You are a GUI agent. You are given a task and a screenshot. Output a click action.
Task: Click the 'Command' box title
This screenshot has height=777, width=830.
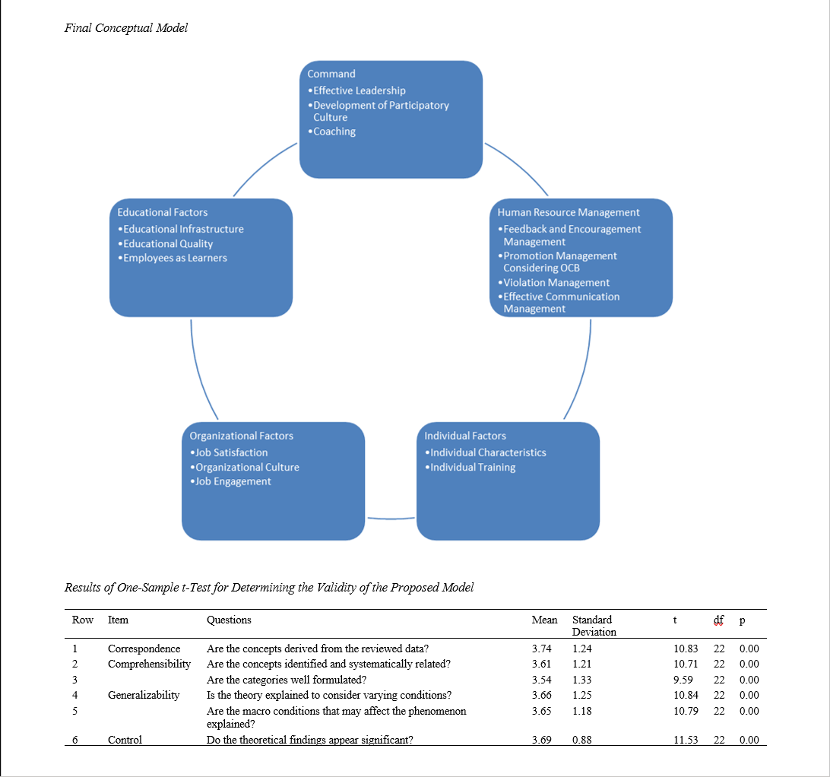(x=331, y=74)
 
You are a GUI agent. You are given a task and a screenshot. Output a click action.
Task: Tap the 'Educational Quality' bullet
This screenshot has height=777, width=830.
(x=168, y=244)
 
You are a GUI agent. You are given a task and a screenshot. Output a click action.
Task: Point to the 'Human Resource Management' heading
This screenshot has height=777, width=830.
(x=569, y=213)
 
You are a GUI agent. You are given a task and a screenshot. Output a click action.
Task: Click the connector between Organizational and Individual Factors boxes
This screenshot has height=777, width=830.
(x=391, y=519)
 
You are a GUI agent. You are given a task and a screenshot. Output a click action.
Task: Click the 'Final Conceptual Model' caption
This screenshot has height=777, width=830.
(x=126, y=28)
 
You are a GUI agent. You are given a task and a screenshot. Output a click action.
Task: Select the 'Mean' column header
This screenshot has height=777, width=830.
(x=544, y=620)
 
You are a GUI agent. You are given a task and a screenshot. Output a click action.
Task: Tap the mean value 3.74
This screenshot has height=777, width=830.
(x=541, y=649)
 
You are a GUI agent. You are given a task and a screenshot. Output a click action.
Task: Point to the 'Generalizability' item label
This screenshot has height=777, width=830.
(x=144, y=695)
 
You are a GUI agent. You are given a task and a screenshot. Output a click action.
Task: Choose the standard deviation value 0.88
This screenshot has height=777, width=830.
(x=582, y=740)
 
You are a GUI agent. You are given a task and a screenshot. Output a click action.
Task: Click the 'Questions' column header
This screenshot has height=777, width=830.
(x=229, y=620)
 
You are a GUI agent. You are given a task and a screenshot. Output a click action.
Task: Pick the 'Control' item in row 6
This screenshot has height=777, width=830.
(x=125, y=740)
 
